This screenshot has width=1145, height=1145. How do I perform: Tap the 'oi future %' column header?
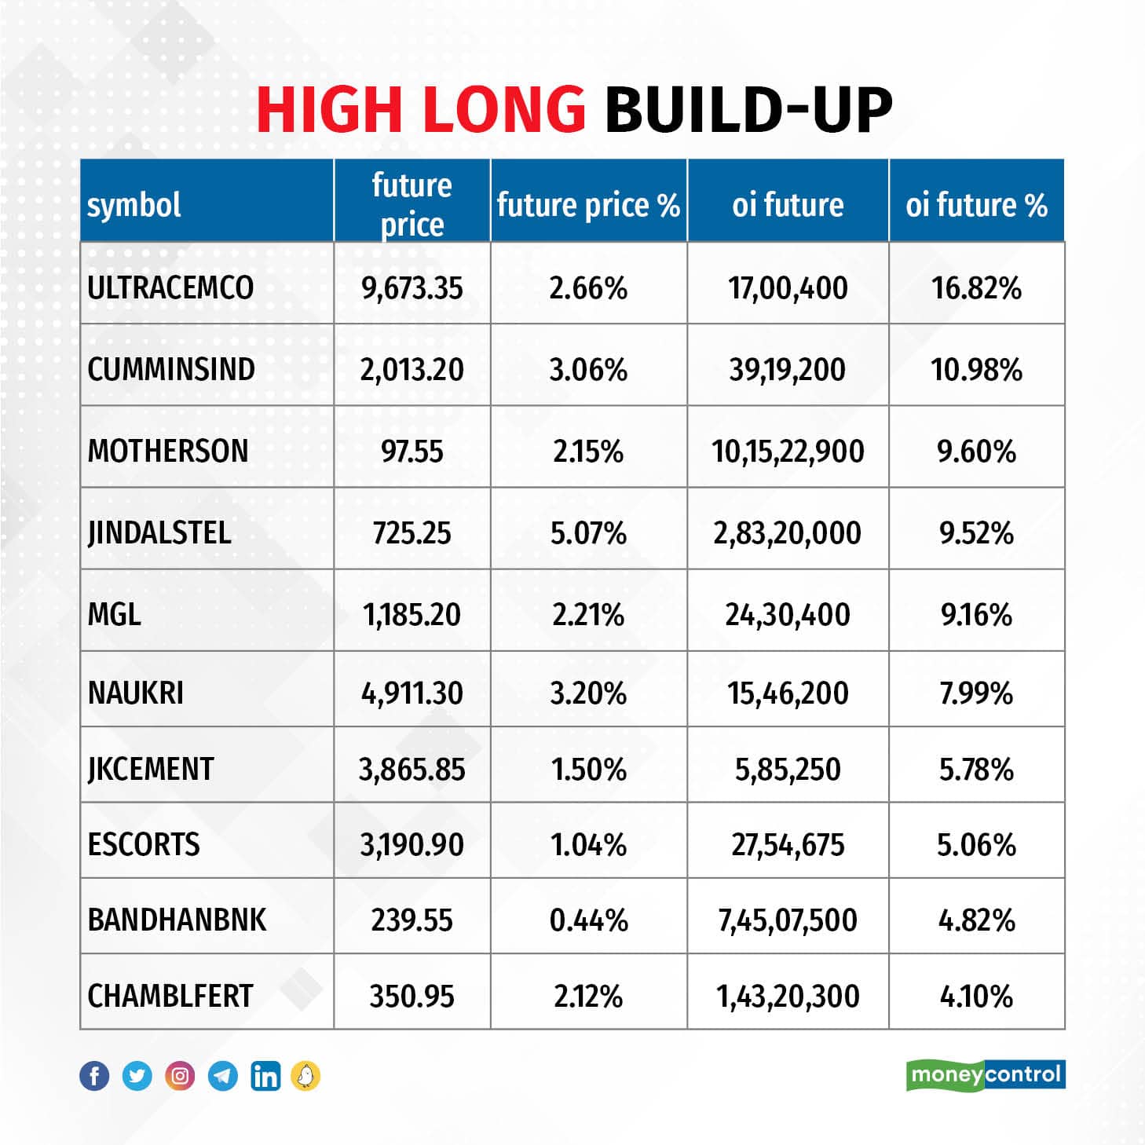click(976, 205)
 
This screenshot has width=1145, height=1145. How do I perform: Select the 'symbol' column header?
click(134, 205)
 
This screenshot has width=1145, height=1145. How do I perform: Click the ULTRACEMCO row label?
click(170, 287)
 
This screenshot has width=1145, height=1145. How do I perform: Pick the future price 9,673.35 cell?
click(412, 288)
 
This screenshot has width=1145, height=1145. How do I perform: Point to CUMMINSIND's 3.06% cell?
click(588, 369)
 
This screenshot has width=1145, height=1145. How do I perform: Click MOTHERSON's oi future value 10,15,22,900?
click(788, 452)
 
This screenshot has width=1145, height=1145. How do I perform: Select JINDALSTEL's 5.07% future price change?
click(588, 533)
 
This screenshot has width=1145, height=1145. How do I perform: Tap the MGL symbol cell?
click(115, 614)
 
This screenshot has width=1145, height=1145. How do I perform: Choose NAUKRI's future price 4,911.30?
click(412, 693)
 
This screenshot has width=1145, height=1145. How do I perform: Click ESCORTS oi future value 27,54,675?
click(788, 845)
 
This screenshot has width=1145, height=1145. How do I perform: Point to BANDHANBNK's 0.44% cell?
click(588, 920)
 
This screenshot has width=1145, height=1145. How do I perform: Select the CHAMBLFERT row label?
click(170, 996)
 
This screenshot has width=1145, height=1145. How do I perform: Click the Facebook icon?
click(94, 1076)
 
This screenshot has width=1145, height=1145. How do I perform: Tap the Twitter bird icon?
click(137, 1076)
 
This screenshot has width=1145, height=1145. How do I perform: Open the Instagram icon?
click(180, 1076)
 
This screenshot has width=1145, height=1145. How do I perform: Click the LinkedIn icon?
click(265, 1076)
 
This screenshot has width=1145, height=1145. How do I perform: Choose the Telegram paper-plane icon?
click(223, 1076)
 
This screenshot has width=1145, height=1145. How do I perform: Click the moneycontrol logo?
click(986, 1074)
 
